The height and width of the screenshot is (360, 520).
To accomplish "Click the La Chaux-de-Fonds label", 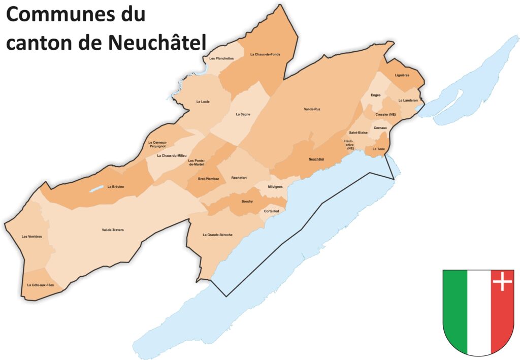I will pos(265,54).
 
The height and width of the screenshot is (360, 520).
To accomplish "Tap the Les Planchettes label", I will pos(221,58).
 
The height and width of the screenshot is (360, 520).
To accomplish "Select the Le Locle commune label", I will pos(203,102).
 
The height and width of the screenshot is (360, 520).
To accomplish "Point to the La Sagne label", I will pos(243,114).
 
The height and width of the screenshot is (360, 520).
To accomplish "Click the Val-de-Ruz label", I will pos(312,109).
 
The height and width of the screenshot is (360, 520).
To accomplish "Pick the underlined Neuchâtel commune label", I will pos(316,159).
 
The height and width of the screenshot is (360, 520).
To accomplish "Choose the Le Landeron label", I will pos(408,101).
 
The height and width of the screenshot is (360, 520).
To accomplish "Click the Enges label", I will pos(376,95).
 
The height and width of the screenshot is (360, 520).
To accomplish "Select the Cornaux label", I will pos(380,128).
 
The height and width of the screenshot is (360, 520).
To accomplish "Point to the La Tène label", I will pos(378,149).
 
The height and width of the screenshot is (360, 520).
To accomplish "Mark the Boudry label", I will pos(247,202).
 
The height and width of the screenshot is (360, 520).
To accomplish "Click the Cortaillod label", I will pos(272,211).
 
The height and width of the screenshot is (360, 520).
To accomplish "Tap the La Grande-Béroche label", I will pos(217,235).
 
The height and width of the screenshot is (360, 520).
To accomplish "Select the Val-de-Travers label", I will pos(113,230).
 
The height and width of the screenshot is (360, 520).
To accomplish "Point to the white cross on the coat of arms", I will pos(502,281).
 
